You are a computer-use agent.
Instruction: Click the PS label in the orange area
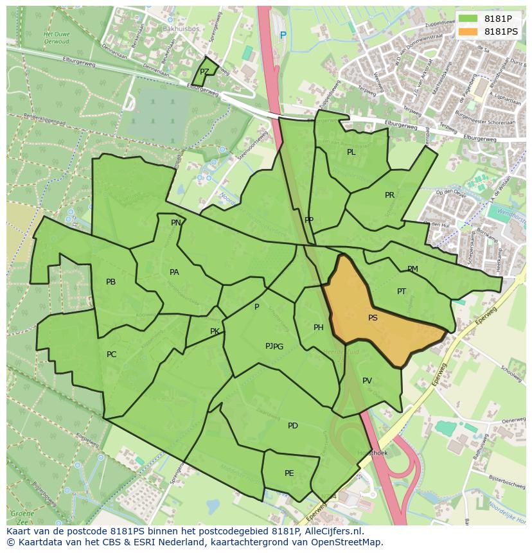pyautogui.click(x=373, y=318)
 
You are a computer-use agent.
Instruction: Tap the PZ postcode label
pyautogui.click(x=204, y=72)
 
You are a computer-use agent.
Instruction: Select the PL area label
pyautogui.click(x=351, y=152)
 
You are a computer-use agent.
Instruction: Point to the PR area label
pyautogui.click(x=389, y=195)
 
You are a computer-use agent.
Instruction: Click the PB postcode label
pyautogui.click(x=111, y=282)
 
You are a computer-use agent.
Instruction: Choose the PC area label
pyautogui.click(x=111, y=355)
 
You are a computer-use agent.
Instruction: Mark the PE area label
pyautogui.click(x=289, y=473)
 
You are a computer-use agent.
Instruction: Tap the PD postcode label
pyautogui.click(x=293, y=426)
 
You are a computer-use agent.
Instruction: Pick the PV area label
pyautogui.click(x=367, y=381)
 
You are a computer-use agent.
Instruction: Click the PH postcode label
pyautogui.click(x=318, y=328)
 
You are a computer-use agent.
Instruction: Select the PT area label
pyautogui.click(x=402, y=292)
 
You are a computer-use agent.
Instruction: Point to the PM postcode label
pyautogui.click(x=412, y=269)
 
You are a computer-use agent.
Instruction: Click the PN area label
pyautogui.click(x=175, y=223)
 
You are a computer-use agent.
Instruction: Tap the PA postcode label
pyautogui.click(x=174, y=272)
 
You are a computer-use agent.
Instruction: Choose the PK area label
pyautogui.click(x=215, y=331)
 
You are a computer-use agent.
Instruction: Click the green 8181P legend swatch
pyautogui.click(x=468, y=19)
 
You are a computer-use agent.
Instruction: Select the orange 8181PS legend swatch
pyautogui.click(x=468, y=31)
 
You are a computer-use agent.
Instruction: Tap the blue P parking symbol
pyautogui.click(x=283, y=35)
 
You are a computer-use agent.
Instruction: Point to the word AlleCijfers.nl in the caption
pyautogui.click(x=333, y=532)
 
